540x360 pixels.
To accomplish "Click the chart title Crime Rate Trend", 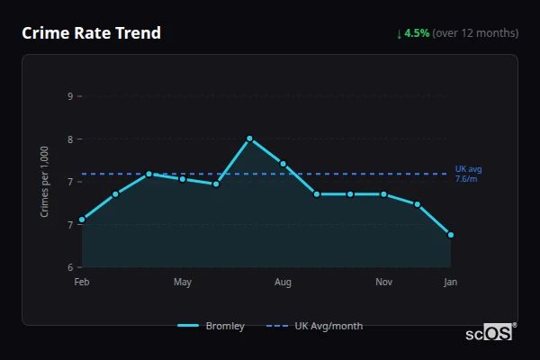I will pos(91,33).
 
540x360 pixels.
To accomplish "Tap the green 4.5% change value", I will pos(418,33).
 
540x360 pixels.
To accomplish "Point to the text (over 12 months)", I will pos(475,33).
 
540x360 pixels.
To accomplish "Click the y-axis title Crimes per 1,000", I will pos(45,181).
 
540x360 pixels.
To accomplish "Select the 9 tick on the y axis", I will pos(70,95).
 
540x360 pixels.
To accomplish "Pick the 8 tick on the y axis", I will pos(70,139).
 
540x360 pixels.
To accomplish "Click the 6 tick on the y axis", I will pos(70,267).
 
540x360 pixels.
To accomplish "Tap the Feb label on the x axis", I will pos(82,283).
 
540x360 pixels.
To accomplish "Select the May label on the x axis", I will pos(183,283).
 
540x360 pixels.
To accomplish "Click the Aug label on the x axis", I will pos(283,283).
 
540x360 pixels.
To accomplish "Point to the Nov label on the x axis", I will pos(383,283).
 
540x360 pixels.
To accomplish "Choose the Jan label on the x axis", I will pos(450,283).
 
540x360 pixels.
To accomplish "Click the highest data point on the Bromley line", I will pos(249,139).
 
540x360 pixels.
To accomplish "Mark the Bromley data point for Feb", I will pos(82,220).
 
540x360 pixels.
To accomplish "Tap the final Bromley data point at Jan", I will pos(450,235).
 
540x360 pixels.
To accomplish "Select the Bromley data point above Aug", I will pos(283,164).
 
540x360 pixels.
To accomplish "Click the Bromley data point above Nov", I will pos(383,194).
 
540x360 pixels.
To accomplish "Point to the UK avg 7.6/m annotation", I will pos(469,174).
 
